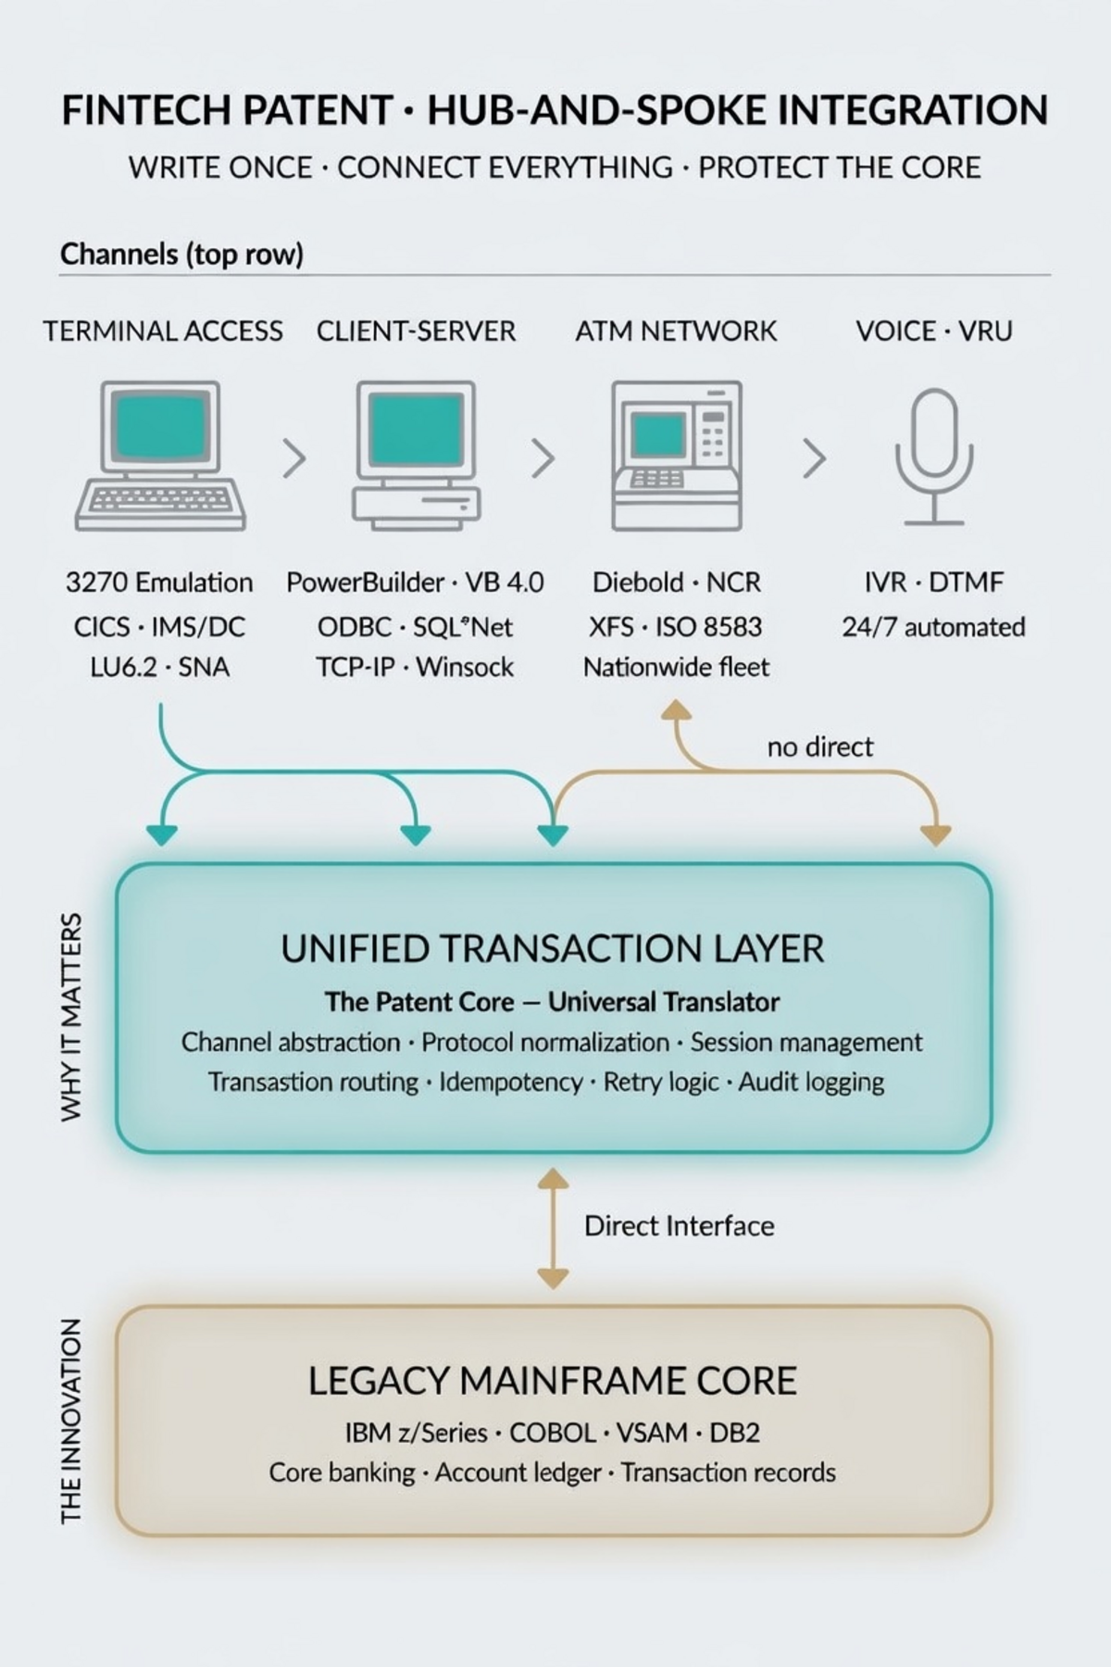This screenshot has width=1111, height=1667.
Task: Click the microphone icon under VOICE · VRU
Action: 933,457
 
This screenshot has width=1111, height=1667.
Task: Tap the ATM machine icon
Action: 677,455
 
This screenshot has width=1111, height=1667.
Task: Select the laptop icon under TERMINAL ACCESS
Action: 162,457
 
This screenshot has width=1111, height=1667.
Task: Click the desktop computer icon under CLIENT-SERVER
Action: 416,455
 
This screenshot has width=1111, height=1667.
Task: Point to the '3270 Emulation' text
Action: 159,583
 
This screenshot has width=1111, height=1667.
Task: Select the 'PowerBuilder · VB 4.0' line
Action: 415,583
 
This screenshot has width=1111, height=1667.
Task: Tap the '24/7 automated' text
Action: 933,627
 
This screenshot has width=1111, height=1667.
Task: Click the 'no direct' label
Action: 819,746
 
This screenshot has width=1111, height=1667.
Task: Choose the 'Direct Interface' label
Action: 679,1226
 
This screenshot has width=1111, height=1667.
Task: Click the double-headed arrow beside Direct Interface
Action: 553,1228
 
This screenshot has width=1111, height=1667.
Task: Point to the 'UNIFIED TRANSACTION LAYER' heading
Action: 553,949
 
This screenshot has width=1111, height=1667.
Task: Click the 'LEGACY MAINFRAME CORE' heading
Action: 553,1381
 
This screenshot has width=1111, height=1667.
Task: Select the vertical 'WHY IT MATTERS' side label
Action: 71,1017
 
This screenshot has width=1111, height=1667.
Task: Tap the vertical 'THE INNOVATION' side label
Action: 71,1421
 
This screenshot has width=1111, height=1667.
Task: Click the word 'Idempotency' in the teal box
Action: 510,1082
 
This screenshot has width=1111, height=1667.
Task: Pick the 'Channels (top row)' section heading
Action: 181,254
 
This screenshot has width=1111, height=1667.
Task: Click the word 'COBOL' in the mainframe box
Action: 553,1433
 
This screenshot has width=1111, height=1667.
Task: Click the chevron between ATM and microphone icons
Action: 814,457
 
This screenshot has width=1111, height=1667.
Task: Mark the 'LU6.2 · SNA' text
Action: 159,667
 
